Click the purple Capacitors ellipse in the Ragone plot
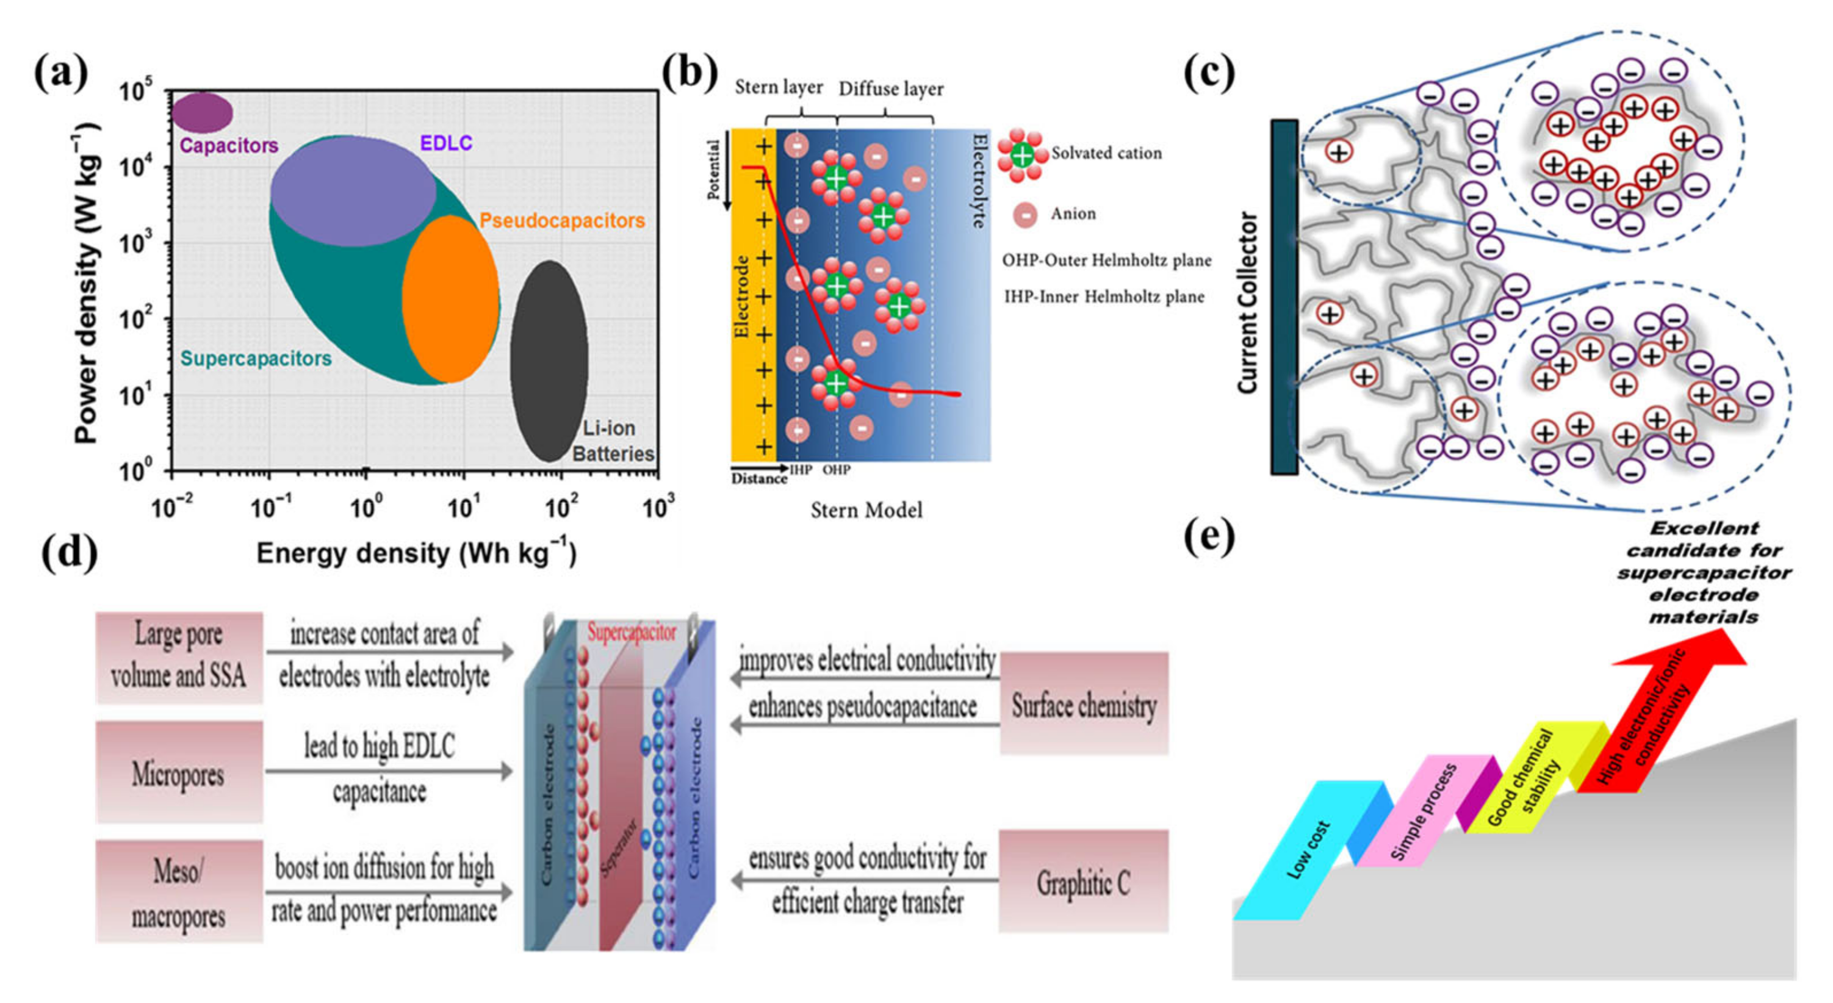tap(202, 112)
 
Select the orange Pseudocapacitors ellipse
tap(450, 299)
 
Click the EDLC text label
tap(446, 143)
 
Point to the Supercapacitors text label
tap(256, 359)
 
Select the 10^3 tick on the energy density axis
tap(658, 507)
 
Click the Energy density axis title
tap(416, 553)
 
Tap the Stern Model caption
tap(866, 510)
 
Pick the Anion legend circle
tap(1025, 214)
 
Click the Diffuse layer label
tap(891, 89)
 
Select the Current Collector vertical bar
tap(1284, 297)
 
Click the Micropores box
tap(179, 772)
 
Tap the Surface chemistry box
tap(1083, 705)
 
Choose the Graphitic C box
tap(1083, 882)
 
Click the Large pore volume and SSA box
tap(179, 656)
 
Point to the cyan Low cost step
tap(1308, 850)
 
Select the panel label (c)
tap(1208, 73)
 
